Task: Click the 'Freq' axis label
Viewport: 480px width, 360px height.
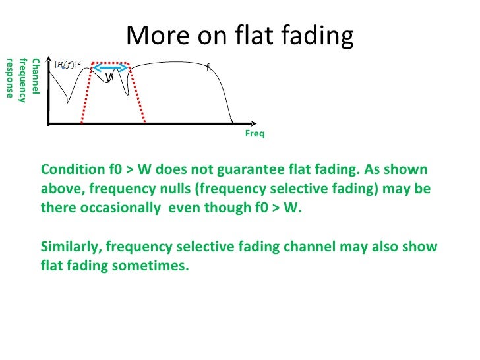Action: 255,134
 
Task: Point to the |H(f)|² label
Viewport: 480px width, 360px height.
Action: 68,65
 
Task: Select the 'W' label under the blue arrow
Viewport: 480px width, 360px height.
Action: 110,78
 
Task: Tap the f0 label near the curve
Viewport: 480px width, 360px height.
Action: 210,68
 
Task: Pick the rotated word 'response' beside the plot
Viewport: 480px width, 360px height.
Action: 10,77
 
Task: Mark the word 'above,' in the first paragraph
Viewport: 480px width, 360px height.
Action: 59,189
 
